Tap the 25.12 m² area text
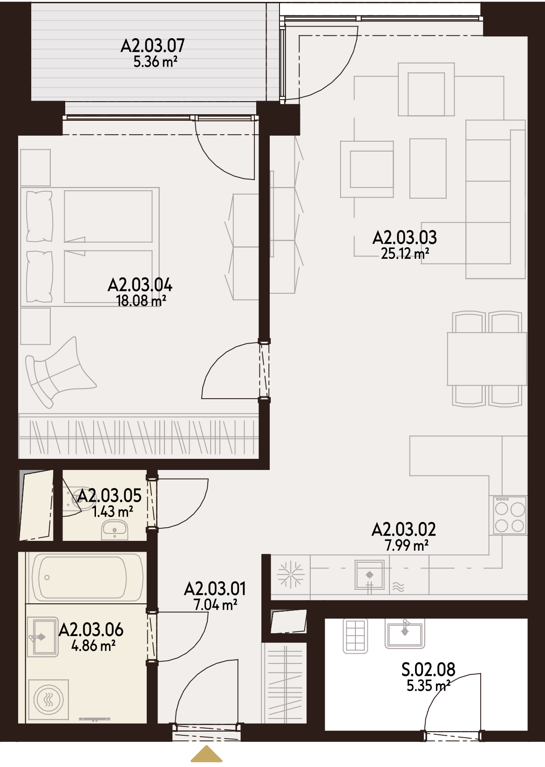click(405, 254)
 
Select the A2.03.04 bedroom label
click(140, 285)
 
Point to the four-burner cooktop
click(510, 515)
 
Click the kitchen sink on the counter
click(369, 574)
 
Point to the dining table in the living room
click(487, 359)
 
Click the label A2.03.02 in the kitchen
click(404, 529)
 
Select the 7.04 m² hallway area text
click(216, 605)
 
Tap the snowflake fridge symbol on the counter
click(291, 574)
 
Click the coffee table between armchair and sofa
click(428, 168)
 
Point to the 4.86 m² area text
click(94, 645)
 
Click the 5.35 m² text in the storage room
click(428, 685)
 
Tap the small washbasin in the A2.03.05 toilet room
click(114, 530)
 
